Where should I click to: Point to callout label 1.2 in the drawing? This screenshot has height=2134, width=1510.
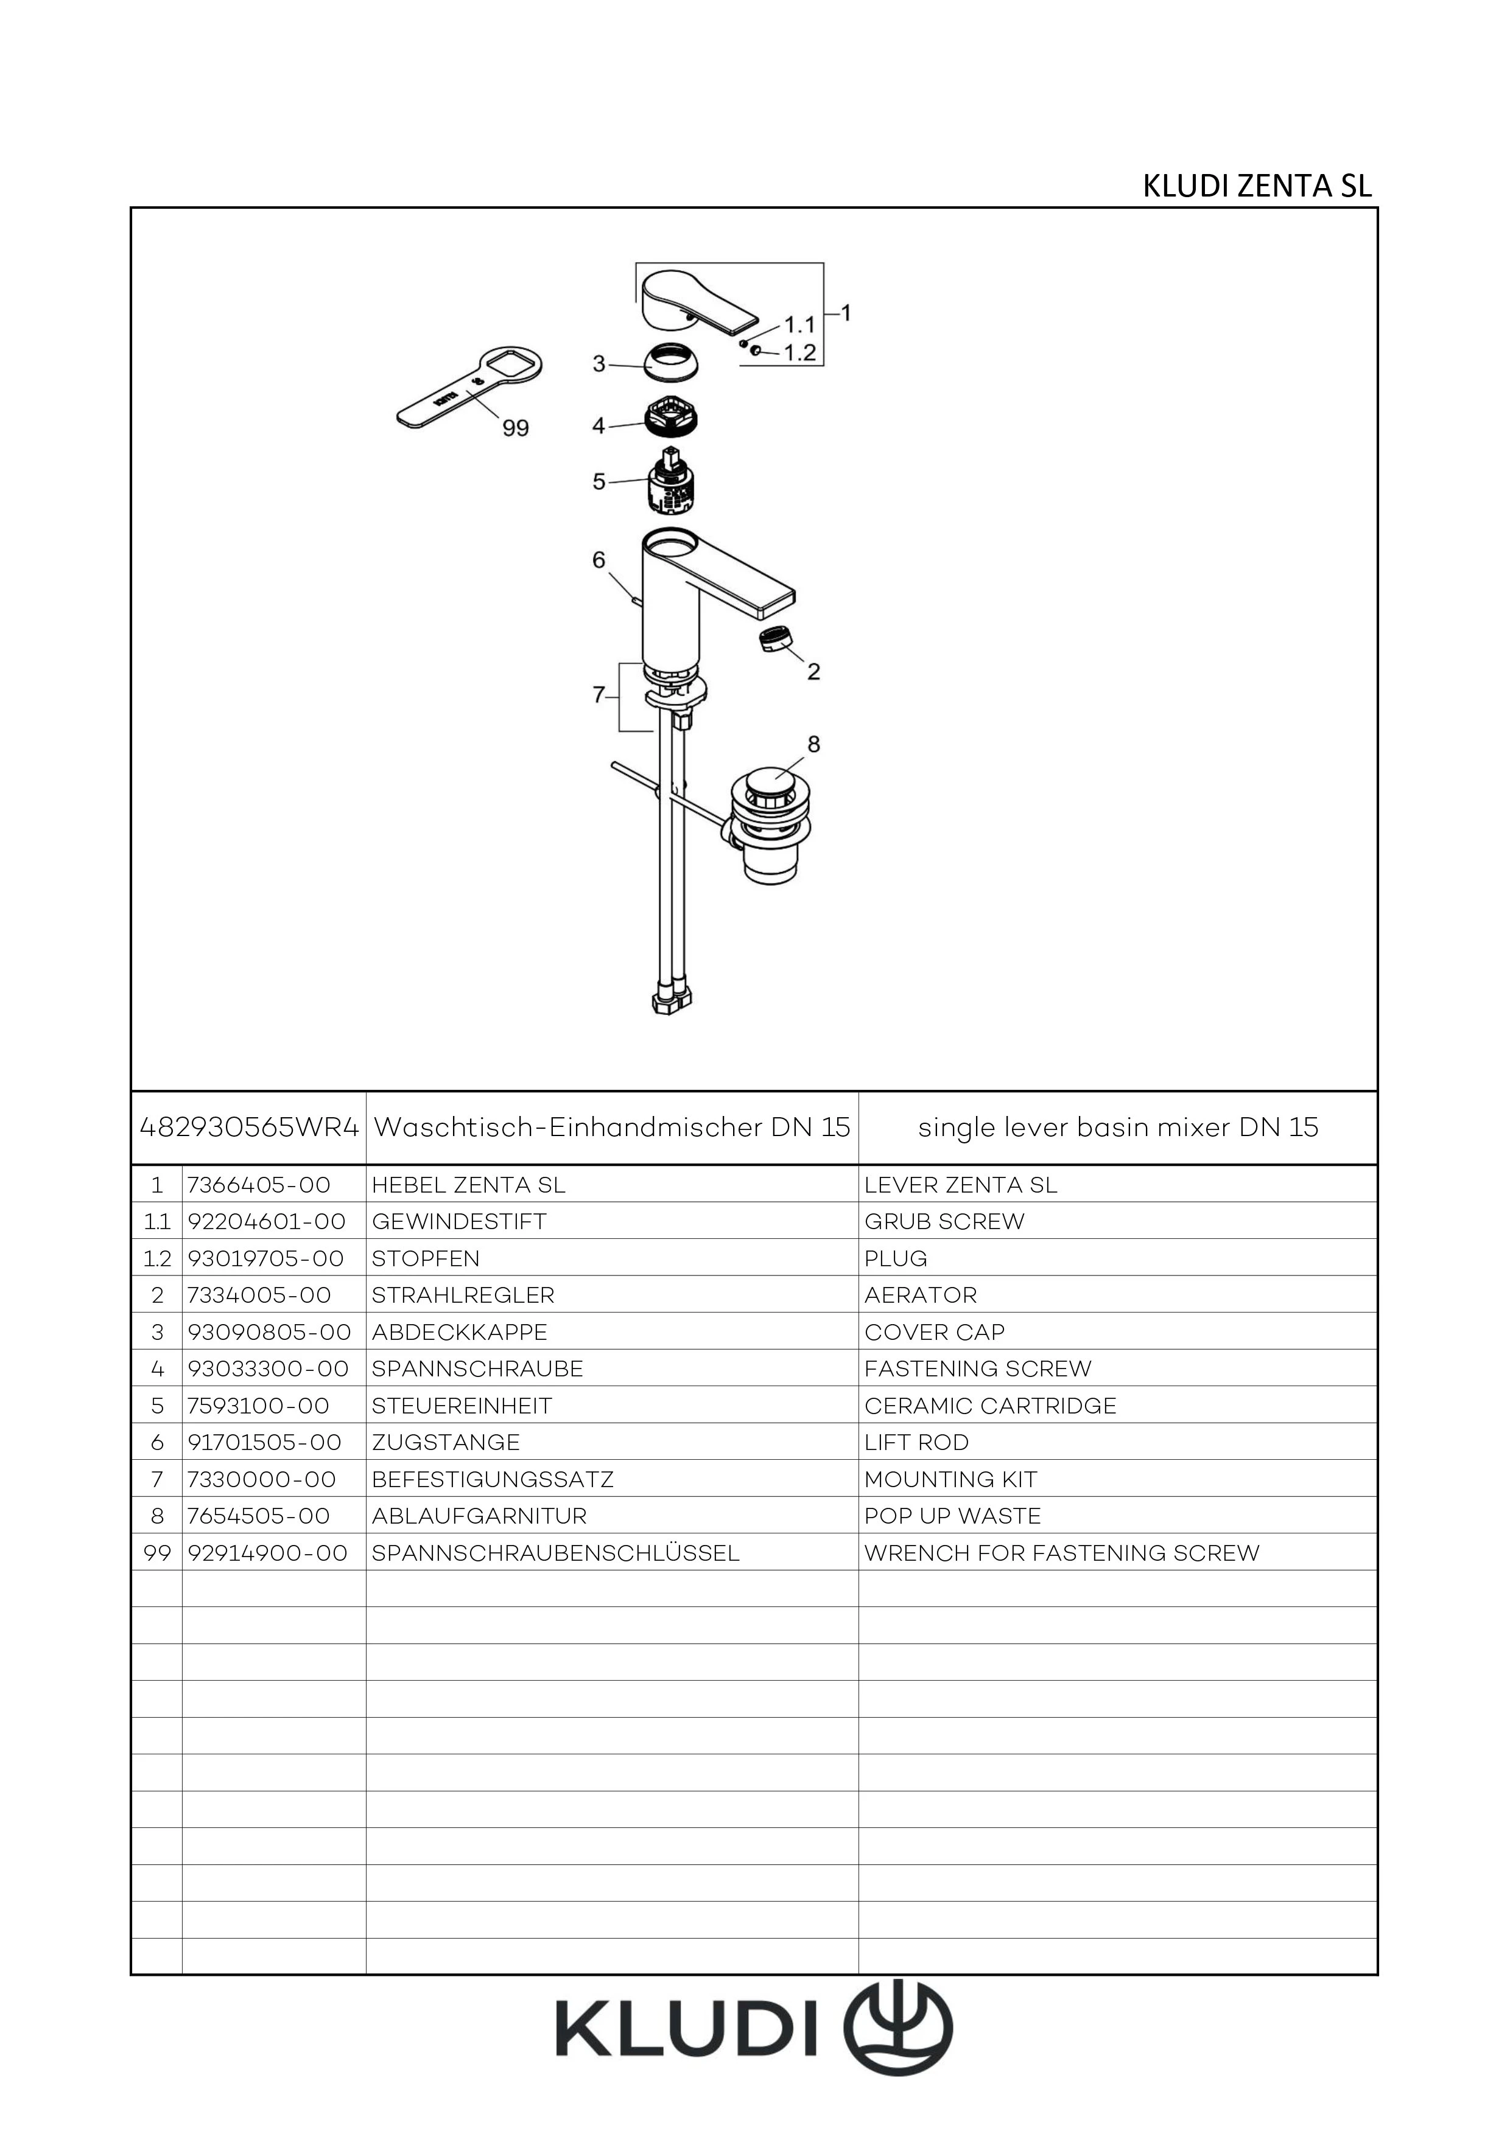tap(799, 353)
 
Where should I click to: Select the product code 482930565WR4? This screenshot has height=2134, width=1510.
tap(249, 1128)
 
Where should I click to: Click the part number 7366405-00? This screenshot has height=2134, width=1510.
tap(259, 1185)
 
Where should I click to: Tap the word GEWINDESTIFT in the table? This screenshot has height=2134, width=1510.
tap(459, 1221)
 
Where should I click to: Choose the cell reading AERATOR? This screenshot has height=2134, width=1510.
tap(921, 1295)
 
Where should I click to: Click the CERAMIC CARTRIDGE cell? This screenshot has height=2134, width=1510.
tap(990, 1405)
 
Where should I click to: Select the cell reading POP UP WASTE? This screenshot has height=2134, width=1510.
tap(952, 1516)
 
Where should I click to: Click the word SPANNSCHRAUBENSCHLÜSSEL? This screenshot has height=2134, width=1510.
tap(555, 1553)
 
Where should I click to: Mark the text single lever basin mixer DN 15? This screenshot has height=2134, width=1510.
tap(1118, 1128)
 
